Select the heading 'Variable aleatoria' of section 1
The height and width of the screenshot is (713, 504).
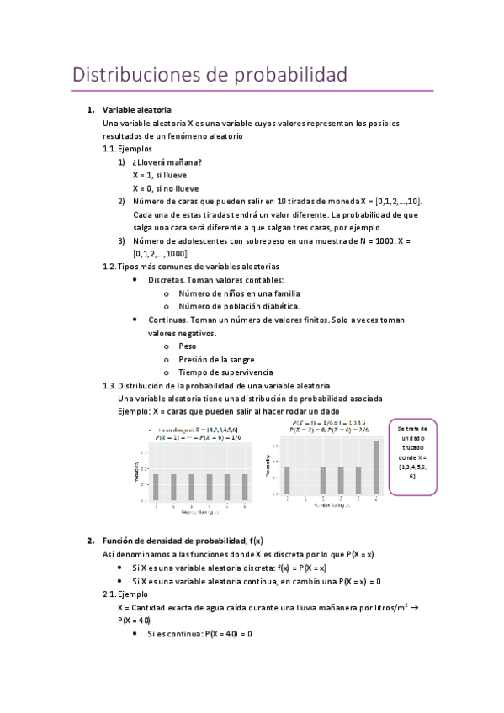pos(136,110)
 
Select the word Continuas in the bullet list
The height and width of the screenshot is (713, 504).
pos(167,320)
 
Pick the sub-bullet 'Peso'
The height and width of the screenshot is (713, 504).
pos(188,346)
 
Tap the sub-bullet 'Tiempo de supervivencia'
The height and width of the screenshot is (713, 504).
pos(225,372)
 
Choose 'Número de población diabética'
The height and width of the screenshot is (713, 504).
pos(239,306)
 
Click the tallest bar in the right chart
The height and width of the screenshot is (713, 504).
pos(376,467)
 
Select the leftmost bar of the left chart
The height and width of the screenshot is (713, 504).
pos(156,486)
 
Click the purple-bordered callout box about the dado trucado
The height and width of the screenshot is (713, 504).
pos(411,454)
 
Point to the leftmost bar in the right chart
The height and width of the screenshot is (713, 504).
pos(287,480)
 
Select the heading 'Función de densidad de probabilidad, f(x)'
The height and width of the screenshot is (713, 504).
pos(182,540)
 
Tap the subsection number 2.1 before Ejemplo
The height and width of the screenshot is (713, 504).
pos(108,594)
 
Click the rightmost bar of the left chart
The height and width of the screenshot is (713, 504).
pos(244,486)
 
